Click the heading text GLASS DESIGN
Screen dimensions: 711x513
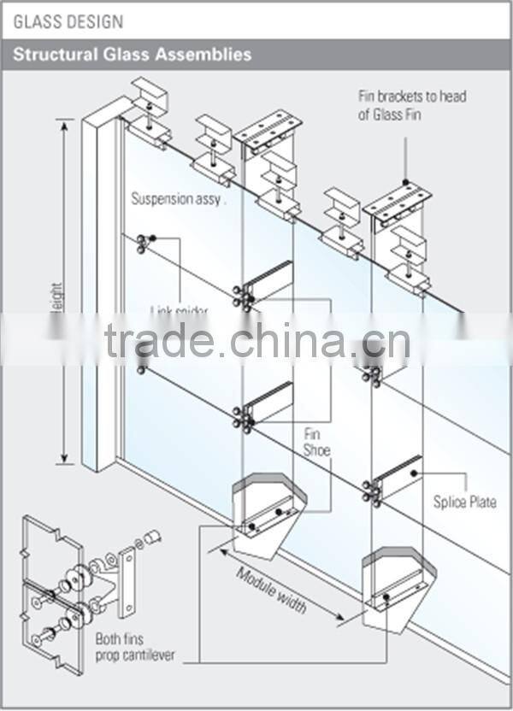tap(68, 21)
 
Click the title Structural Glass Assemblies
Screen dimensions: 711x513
tap(132, 54)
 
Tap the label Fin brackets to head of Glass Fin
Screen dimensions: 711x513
tap(412, 105)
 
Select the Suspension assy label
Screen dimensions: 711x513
tap(178, 199)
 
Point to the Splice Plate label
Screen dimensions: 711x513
tap(464, 502)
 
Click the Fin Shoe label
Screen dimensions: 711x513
tap(316, 442)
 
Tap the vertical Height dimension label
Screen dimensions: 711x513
tap(57, 308)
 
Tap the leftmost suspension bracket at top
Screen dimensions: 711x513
tap(149, 111)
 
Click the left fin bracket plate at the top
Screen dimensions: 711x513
tap(267, 128)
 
